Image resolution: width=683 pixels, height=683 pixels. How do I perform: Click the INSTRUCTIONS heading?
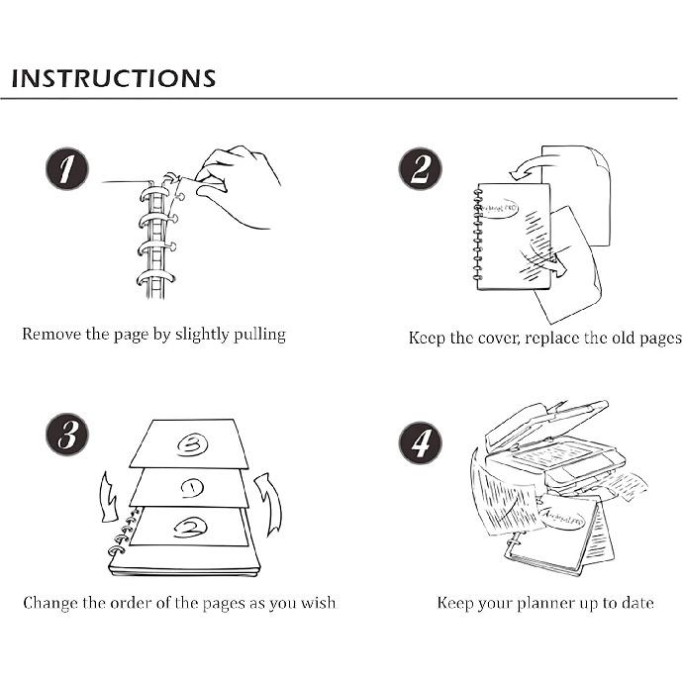click(114, 78)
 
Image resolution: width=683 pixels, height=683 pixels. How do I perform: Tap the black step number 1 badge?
click(67, 169)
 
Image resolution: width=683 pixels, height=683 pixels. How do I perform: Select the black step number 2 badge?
click(421, 169)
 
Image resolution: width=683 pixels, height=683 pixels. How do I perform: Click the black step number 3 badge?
click(67, 435)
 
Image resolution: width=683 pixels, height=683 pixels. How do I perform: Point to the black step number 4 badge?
click(421, 443)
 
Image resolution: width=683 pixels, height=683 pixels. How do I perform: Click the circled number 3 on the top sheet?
click(192, 444)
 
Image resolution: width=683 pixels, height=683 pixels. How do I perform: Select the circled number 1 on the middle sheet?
click(192, 488)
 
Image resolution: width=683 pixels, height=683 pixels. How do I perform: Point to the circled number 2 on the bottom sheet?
click(190, 528)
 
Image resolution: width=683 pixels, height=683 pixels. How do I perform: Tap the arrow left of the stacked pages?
click(109, 497)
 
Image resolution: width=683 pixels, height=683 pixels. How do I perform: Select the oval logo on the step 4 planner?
click(561, 517)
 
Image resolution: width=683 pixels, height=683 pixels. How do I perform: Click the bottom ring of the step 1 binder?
click(155, 278)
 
